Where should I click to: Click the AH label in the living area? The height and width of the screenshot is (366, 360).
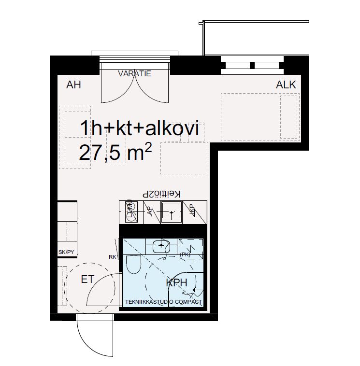point(73,85)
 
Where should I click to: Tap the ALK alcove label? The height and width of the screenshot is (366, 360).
point(286,85)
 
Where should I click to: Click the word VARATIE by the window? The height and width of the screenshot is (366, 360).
point(135,74)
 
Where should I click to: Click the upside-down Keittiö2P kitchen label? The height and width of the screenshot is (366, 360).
point(161,194)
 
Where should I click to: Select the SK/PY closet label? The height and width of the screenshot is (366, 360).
point(66,252)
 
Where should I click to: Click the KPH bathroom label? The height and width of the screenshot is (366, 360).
point(176,283)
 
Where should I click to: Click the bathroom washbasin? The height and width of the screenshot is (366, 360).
point(161,246)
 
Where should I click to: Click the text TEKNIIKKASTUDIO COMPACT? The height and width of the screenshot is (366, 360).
point(162,302)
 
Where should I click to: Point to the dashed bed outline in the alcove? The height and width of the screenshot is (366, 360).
point(259,116)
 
